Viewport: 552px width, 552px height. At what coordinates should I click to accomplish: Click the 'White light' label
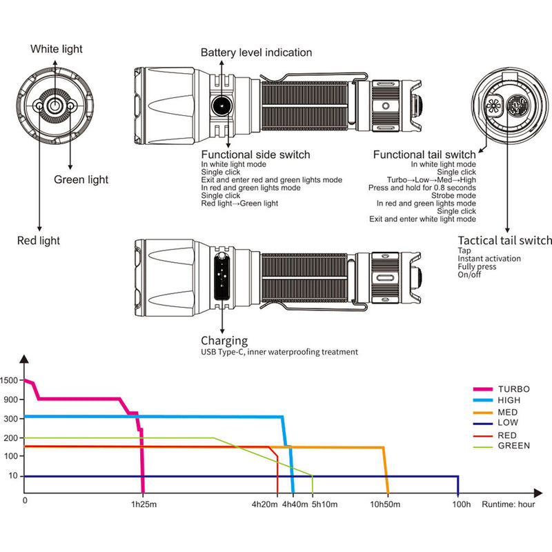click(x=56, y=49)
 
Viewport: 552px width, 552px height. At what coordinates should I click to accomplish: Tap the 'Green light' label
click(x=81, y=180)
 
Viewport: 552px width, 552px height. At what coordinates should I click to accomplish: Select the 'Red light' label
click(x=39, y=241)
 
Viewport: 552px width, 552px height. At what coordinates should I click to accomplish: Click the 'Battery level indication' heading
click(x=256, y=52)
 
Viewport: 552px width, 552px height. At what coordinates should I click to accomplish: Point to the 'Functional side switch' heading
click(x=255, y=155)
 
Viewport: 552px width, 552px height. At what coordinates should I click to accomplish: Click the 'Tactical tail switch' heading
click(x=505, y=240)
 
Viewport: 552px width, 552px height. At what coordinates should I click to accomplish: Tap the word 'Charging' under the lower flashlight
click(x=224, y=341)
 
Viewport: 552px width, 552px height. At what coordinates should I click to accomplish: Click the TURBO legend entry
click(x=513, y=389)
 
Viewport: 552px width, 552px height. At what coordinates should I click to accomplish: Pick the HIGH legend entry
click(x=508, y=400)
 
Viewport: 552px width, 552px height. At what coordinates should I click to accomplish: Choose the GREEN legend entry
click(x=513, y=446)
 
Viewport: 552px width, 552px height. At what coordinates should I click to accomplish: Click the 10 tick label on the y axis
click(x=13, y=476)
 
